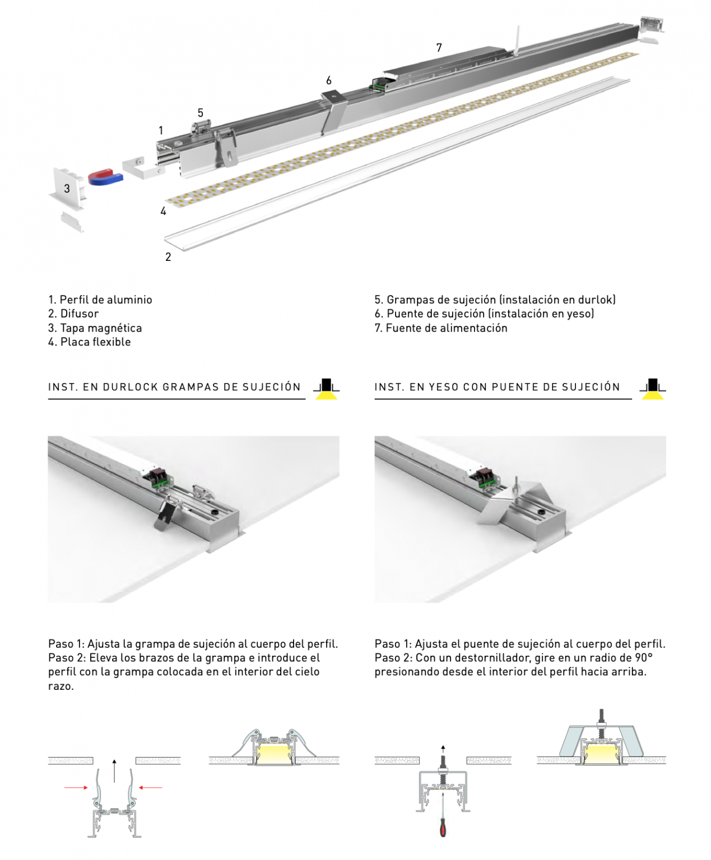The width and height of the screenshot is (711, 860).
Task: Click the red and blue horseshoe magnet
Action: (x=105, y=177)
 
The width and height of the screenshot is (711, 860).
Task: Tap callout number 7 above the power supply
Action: (x=439, y=48)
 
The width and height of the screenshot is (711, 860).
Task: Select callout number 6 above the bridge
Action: (x=329, y=81)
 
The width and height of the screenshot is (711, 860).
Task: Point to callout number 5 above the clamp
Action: (x=201, y=113)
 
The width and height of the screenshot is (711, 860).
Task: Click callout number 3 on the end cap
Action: (x=67, y=189)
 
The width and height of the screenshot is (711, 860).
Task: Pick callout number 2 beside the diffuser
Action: (x=168, y=257)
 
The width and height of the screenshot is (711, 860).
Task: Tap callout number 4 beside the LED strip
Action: (x=163, y=211)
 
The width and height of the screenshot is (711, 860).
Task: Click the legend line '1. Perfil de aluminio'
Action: (x=100, y=300)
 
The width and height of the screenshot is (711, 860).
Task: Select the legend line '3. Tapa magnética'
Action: (x=95, y=328)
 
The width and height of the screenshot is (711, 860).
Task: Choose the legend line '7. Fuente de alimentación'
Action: (x=441, y=328)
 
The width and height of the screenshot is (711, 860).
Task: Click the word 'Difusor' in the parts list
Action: (x=80, y=314)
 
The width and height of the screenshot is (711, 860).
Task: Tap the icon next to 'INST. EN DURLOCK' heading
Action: (x=326, y=389)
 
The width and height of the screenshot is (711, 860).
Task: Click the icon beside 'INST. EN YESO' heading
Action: (x=652, y=389)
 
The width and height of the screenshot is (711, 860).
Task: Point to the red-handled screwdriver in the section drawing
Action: (x=443, y=824)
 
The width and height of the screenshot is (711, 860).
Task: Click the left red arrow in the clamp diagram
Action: (x=76, y=788)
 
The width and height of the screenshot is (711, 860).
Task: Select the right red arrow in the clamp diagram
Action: (x=151, y=788)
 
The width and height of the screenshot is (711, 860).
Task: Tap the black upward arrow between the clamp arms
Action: (x=114, y=770)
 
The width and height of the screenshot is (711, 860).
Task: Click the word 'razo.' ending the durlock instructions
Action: (x=61, y=686)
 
